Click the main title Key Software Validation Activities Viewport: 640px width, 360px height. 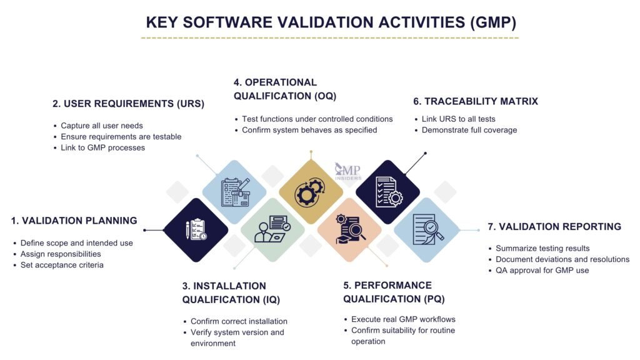pyautogui.click(x=331, y=22)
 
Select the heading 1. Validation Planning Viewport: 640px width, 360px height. pyautogui.click(x=74, y=221)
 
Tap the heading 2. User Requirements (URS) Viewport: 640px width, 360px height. pyautogui.click(x=128, y=104)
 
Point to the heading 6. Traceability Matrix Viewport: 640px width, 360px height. pyautogui.click(x=476, y=101)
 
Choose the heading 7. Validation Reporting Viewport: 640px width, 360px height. pyautogui.click(x=554, y=227)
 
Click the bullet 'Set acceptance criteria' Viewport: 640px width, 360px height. pyautogui.click(x=62, y=265)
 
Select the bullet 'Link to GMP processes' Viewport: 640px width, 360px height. pyautogui.click(x=107, y=147)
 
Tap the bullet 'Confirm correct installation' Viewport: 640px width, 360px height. pyautogui.click(x=239, y=321)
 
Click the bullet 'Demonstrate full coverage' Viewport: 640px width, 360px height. pyautogui.click(x=469, y=130)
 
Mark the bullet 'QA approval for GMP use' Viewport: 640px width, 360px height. pyautogui.click(x=542, y=270)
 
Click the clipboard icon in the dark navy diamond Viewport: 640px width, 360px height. pyautogui.click(x=196, y=229)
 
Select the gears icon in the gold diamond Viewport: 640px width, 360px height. pyautogui.click(x=311, y=192)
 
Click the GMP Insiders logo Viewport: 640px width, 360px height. pyautogui.click(x=347, y=171)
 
